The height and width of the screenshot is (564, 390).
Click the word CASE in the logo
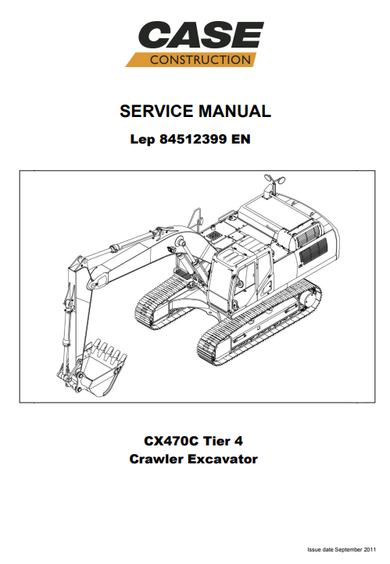[x=201, y=34]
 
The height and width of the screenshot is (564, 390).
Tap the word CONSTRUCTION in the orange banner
[x=200, y=60]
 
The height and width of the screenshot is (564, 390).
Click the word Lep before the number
[x=142, y=140]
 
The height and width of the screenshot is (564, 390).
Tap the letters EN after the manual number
[x=241, y=139]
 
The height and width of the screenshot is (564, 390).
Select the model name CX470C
[x=171, y=441]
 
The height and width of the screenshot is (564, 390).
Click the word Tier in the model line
[x=216, y=441]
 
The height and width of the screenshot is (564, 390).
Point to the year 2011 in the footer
[x=370, y=550]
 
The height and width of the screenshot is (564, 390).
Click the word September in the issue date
[x=348, y=550]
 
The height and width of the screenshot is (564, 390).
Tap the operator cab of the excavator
[x=241, y=278]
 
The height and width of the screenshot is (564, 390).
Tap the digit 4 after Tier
[x=238, y=441]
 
